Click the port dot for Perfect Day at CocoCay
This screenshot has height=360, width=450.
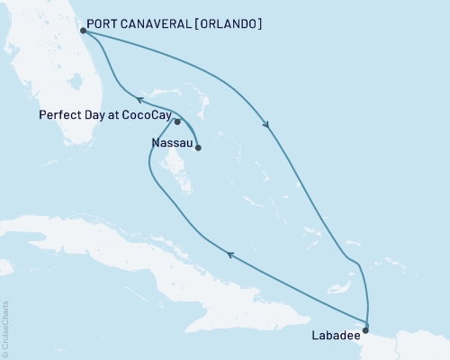tap(177, 121)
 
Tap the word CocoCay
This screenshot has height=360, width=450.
tap(149, 116)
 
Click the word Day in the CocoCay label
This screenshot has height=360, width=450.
tap(94, 116)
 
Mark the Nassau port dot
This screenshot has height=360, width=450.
tap(197, 148)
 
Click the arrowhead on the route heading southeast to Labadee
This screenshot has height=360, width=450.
tap(266, 124)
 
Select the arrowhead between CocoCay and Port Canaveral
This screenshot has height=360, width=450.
tap(139, 100)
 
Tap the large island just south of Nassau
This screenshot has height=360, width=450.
tap(180, 176)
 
